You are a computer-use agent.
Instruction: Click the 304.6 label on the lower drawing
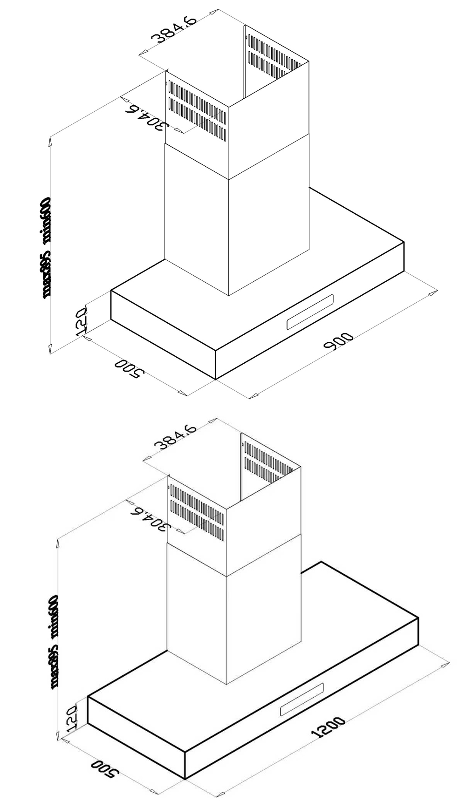[x=150, y=521]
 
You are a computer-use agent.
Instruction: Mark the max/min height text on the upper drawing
[x=46, y=247]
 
